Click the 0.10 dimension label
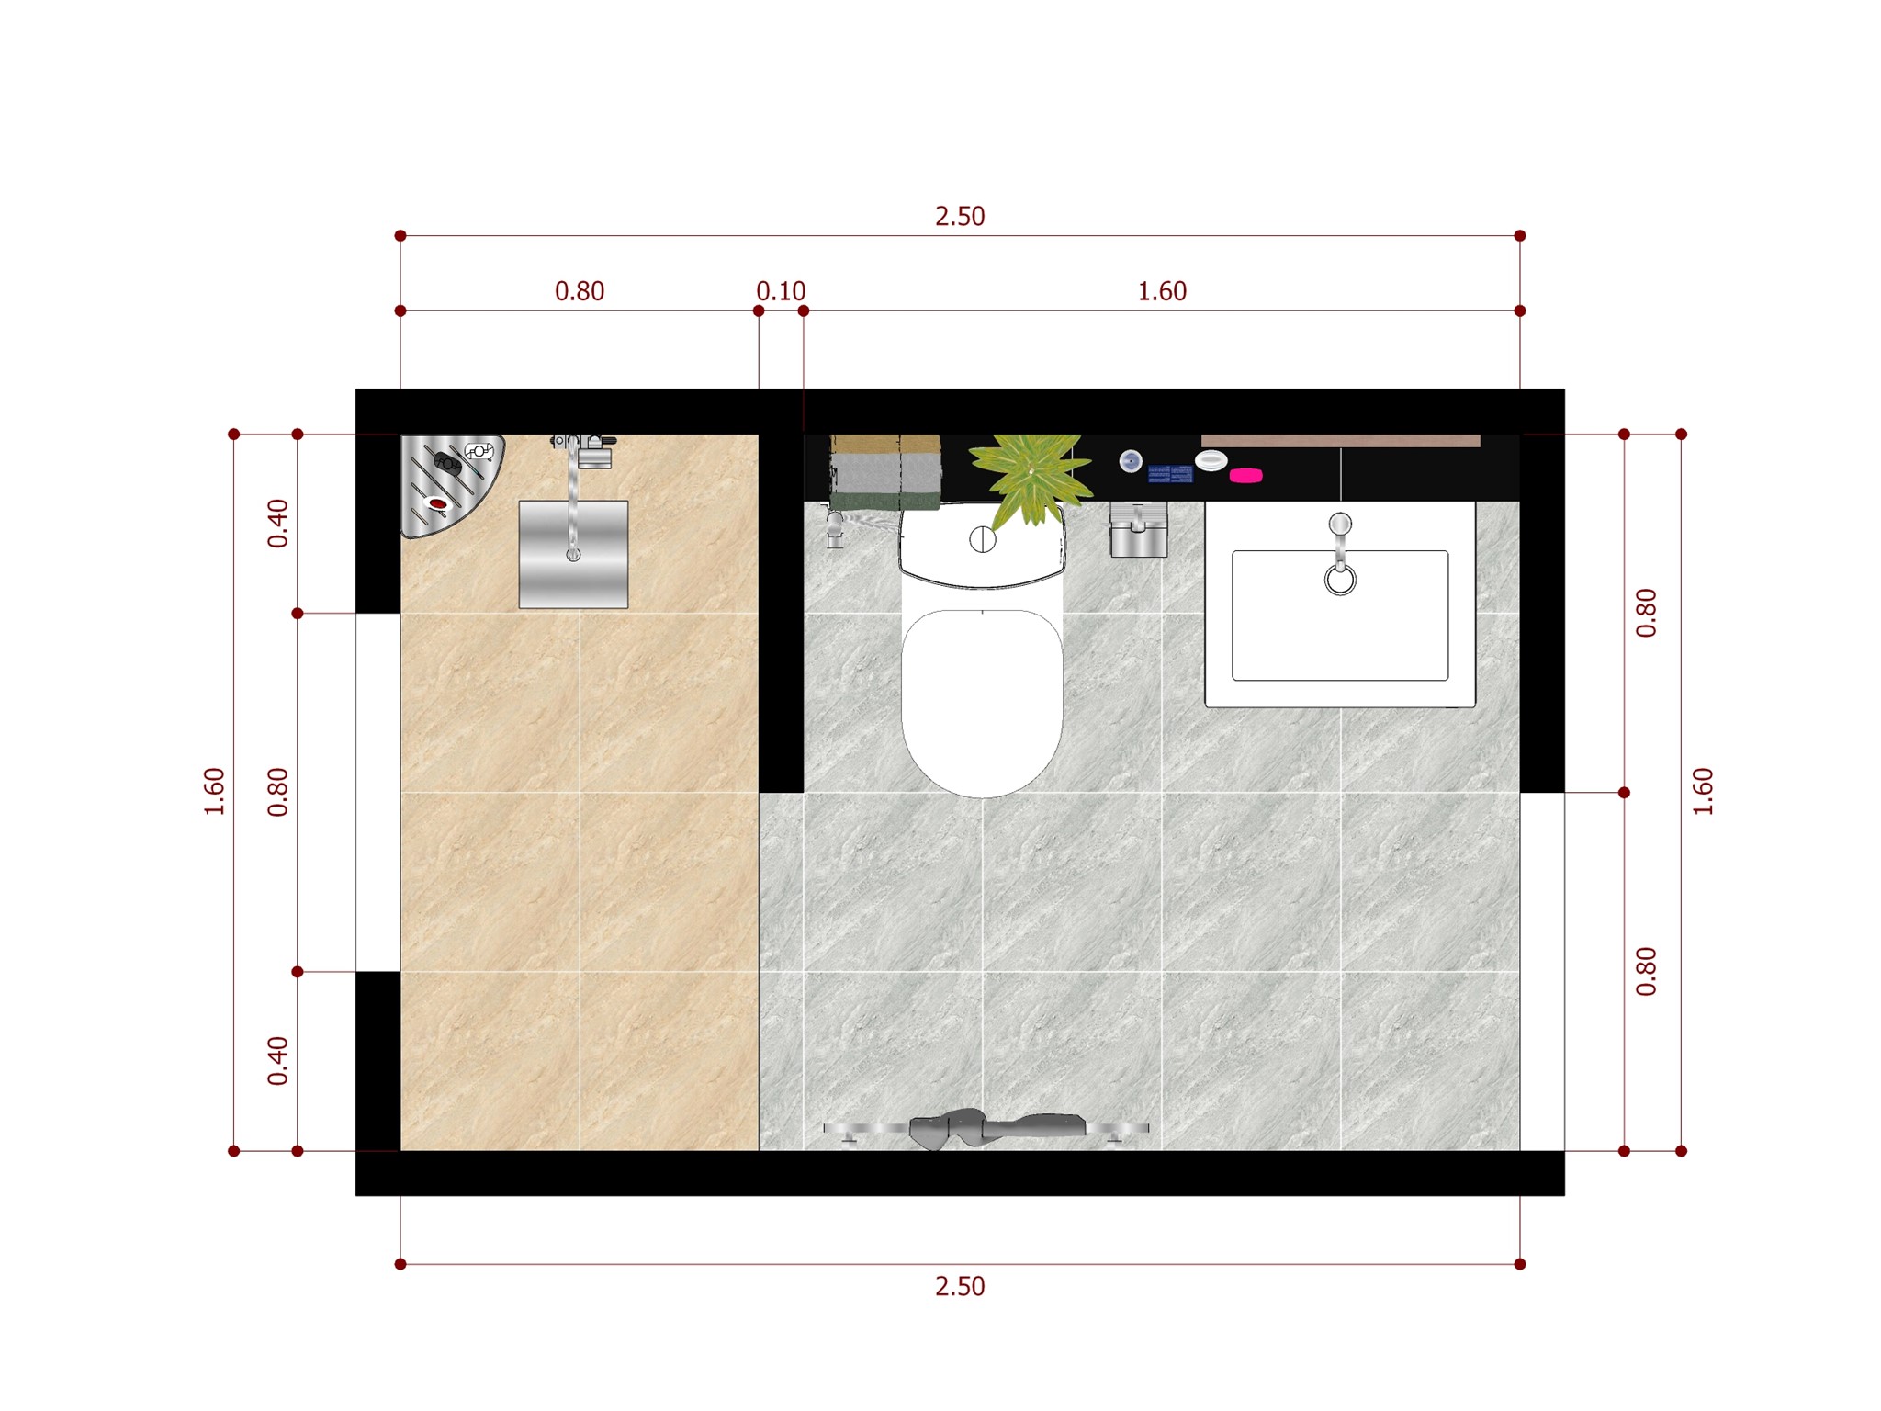tap(781, 291)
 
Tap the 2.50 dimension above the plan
tap(960, 216)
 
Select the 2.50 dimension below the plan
tap(960, 1286)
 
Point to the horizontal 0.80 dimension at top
tap(580, 291)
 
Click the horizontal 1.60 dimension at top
tap(1162, 291)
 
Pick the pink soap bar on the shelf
tap(1245, 475)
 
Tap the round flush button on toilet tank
tap(983, 539)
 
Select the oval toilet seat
tap(982, 703)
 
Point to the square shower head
tap(573, 554)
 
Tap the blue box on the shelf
tap(1170, 474)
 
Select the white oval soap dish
tap(1211, 460)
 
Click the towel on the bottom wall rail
tap(997, 1128)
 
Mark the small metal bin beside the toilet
tap(1139, 529)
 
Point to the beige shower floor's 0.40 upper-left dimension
tap(277, 524)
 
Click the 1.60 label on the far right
tap(1703, 792)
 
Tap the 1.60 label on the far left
tap(214, 792)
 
